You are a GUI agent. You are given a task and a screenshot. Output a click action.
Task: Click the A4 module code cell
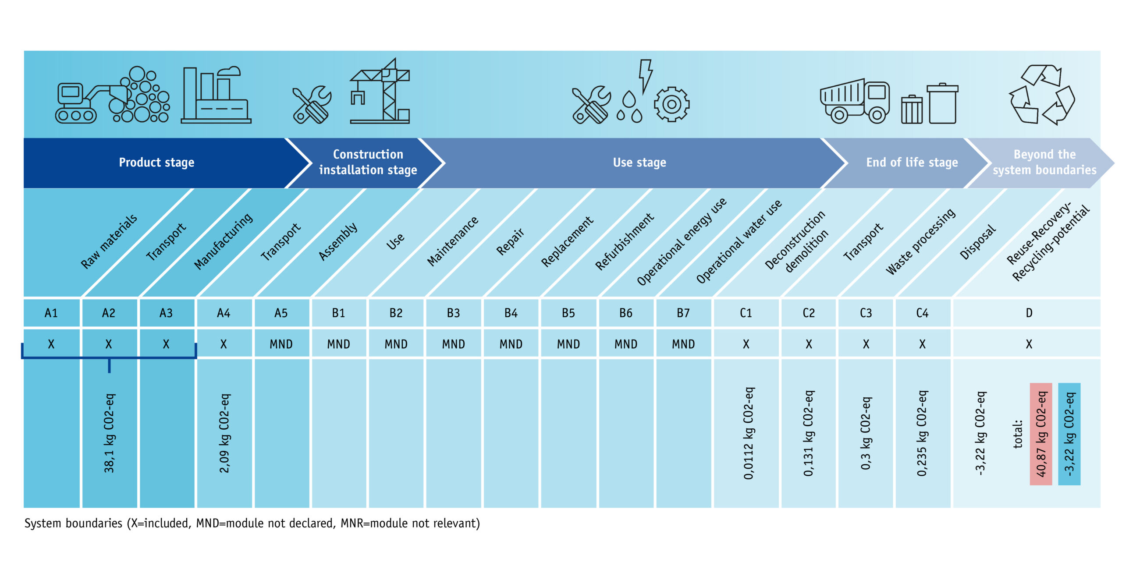point(224,313)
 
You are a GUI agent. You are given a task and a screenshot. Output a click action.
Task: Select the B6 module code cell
point(625,313)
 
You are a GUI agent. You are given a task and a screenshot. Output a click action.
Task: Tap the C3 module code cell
point(866,313)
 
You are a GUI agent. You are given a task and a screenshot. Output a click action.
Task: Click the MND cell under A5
point(281,344)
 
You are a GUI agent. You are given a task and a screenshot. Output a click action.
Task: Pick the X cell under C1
point(746,344)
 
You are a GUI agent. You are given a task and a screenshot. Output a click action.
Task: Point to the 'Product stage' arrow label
point(156,163)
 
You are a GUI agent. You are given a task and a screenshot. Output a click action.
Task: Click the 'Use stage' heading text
point(639,163)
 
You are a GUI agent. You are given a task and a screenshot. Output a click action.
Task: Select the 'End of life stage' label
point(912,163)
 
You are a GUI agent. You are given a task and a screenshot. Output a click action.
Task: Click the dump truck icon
point(855,102)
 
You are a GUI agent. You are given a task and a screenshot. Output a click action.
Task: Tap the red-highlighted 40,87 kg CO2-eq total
point(1041,434)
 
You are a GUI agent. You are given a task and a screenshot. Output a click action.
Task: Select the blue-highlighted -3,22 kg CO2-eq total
point(1069,434)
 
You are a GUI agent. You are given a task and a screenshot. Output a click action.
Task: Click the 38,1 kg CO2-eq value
point(109,433)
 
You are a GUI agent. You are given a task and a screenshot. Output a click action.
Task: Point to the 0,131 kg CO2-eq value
point(809,433)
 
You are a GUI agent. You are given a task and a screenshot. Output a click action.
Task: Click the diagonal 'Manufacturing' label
point(224,241)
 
